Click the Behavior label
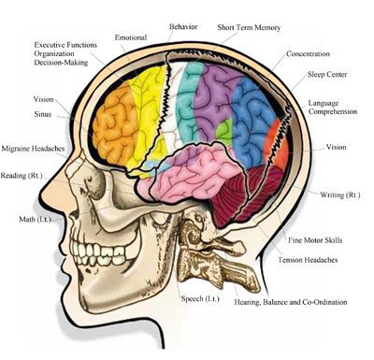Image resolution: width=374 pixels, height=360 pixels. coord(183,27)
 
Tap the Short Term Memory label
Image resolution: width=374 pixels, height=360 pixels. coord(249,27)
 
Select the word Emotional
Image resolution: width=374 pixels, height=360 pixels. coord(131,37)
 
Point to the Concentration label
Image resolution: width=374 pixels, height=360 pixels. coord(308,53)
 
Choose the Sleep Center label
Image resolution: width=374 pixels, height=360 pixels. coord(327,75)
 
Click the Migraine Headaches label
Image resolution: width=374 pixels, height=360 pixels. coord(33,149)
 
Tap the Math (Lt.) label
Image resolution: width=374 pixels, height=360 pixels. coord(35,219)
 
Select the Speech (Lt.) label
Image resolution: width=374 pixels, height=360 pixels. coord(200,298)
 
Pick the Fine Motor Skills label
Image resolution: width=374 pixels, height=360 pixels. coord(315,240)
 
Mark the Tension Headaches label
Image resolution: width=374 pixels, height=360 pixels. coord(308,260)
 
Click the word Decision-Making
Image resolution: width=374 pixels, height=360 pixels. coord(61,63)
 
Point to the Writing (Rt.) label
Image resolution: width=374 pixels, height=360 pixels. coord(340,194)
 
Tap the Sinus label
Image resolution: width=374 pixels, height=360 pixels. coord(43,114)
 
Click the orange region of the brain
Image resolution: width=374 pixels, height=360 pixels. coord(115,124)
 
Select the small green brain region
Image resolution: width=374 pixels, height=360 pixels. coord(224,129)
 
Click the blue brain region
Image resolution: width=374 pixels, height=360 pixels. coord(252,120)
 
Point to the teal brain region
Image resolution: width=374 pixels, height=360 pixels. coord(186,103)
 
